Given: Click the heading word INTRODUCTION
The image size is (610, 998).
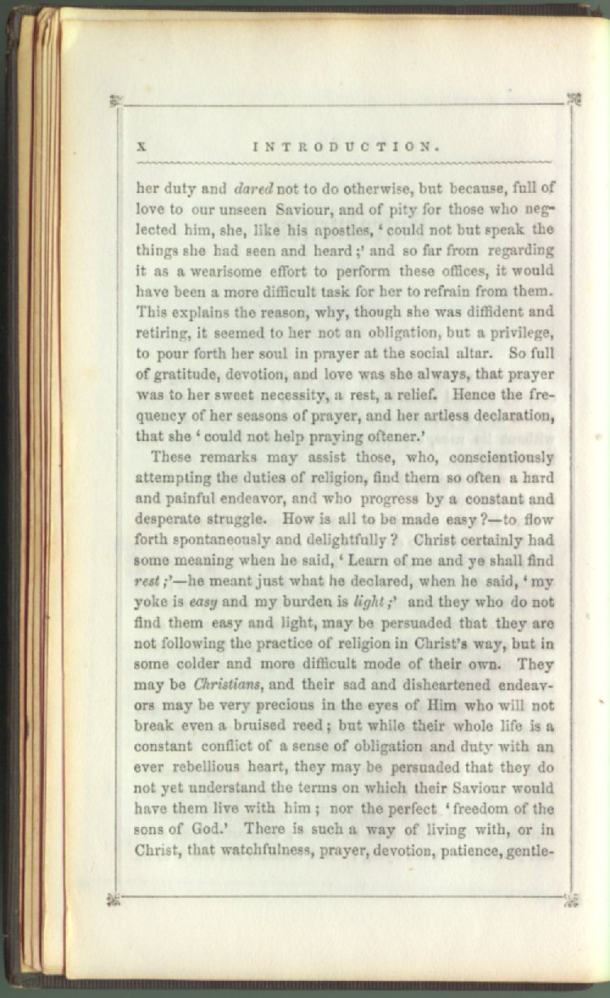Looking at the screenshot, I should (x=346, y=147).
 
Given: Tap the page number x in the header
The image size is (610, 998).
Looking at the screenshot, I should (x=140, y=147).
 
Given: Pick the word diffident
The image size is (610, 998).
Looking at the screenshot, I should (x=485, y=310).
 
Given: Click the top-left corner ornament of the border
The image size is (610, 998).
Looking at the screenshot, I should (x=116, y=101).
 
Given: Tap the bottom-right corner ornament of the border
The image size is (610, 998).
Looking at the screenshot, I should (x=572, y=899).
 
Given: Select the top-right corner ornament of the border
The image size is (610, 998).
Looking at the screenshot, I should (x=573, y=99).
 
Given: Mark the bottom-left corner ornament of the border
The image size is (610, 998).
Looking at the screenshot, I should (x=113, y=899).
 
